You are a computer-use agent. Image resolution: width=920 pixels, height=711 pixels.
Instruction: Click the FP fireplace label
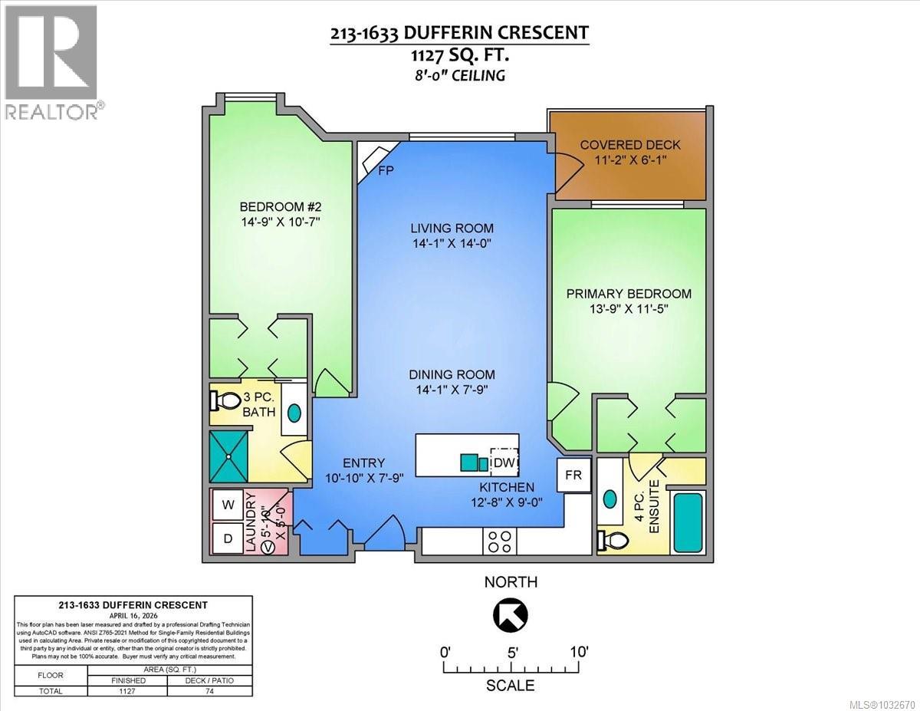click(386, 170)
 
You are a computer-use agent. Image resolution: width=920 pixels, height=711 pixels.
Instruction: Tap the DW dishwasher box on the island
click(504, 462)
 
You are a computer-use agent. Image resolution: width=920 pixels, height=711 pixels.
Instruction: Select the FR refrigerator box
click(573, 475)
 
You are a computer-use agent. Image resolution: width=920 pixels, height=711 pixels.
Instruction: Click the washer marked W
click(228, 505)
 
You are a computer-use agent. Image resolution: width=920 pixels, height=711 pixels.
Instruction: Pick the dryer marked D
click(228, 538)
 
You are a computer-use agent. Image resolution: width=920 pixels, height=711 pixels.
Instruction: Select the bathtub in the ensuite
click(687, 523)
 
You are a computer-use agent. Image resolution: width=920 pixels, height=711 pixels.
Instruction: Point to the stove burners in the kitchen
click(500, 541)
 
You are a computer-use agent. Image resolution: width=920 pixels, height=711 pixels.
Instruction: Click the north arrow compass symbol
click(511, 614)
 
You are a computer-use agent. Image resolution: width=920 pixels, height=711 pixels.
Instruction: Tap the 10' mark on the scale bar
click(578, 652)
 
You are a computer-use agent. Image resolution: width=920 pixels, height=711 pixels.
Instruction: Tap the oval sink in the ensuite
click(610, 498)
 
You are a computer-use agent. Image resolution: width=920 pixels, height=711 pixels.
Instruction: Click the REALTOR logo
click(51, 61)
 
